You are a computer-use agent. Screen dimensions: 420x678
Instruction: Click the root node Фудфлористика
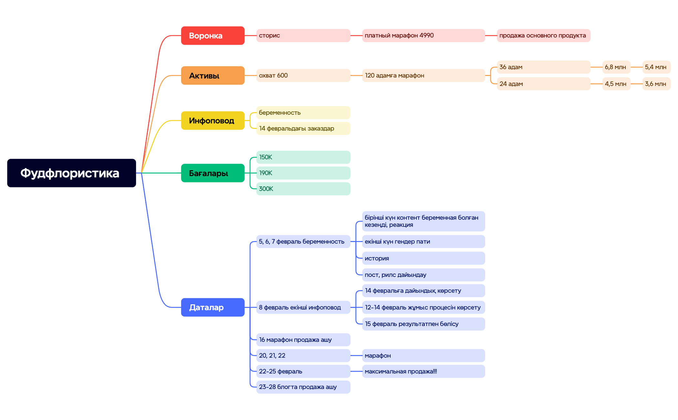click(x=71, y=173)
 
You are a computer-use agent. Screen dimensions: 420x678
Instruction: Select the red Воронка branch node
click(x=213, y=36)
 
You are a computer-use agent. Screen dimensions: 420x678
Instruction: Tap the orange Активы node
click(x=213, y=75)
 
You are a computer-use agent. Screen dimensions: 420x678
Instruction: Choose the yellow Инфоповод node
click(x=213, y=121)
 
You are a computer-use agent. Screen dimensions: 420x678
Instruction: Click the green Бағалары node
click(x=213, y=173)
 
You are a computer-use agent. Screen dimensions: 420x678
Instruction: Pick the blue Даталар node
click(x=213, y=307)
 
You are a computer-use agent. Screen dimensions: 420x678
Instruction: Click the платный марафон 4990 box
click(x=423, y=36)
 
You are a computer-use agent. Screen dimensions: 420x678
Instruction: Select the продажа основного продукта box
click(x=543, y=36)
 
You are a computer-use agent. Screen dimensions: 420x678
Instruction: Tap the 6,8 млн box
click(x=616, y=67)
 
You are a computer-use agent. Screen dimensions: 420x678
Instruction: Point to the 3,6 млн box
click(x=656, y=84)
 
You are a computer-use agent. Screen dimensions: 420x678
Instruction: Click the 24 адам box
click(x=543, y=84)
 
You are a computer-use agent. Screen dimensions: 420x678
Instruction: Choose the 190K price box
click(x=303, y=173)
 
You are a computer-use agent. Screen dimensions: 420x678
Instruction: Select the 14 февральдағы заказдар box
click(x=303, y=128)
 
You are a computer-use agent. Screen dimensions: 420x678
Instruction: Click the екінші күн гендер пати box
click(x=423, y=241)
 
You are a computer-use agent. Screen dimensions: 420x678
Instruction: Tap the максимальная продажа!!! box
click(x=423, y=371)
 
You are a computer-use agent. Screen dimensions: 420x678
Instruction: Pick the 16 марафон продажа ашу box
click(x=303, y=340)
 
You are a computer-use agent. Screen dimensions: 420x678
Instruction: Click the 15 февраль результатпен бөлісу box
click(x=423, y=324)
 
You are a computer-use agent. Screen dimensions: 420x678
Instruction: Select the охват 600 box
click(x=303, y=75)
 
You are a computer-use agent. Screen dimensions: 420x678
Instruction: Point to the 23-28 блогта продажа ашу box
click(x=303, y=387)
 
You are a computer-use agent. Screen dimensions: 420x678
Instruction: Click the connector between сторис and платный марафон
click(x=356, y=36)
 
